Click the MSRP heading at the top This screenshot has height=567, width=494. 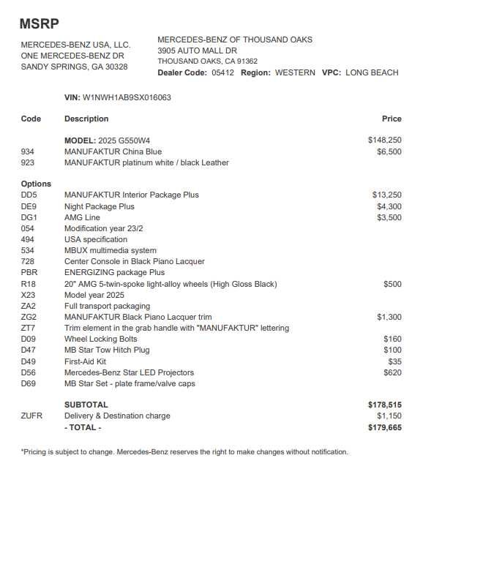pyautogui.click(x=39, y=23)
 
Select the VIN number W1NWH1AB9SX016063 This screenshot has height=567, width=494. pyautogui.click(x=127, y=97)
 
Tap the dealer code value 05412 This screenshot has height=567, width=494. pyautogui.click(x=222, y=72)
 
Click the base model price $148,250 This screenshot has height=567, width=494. pyautogui.click(x=384, y=140)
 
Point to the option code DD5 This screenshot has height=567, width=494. pyautogui.click(x=29, y=195)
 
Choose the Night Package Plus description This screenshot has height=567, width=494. pyautogui.click(x=100, y=206)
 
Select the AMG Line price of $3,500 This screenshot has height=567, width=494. pyautogui.click(x=389, y=217)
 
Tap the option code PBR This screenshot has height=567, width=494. pyautogui.click(x=29, y=272)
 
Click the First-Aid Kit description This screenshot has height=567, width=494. pyautogui.click(x=85, y=361)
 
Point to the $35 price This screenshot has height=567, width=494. pyautogui.click(x=394, y=361)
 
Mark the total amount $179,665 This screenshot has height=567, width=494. pyautogui.click(x=384, y=427)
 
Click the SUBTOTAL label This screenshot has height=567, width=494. pyautogui.click(x=86, y=405)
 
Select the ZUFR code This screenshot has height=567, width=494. pyautogui.click(x=31, y=416)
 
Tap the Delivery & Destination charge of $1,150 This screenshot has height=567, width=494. pyautogui.click(x=389, y=416)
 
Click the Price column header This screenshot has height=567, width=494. pyautogui.click(x=392, y=119)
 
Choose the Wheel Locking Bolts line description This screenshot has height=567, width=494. pyautogui.click(x=100, y=339)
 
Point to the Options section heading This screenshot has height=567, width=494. pyautogui.click(x=36, y=184)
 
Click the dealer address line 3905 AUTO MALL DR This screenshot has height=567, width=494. pyautogui.click(x=197, y=50)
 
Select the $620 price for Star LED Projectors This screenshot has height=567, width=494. pyautogui.click(x=392, y=372)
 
